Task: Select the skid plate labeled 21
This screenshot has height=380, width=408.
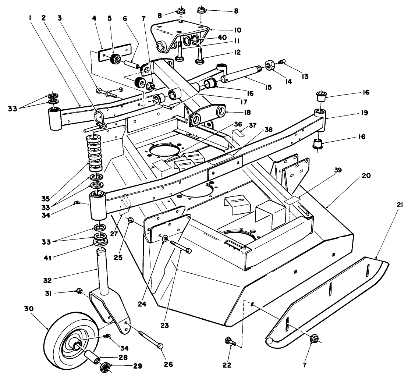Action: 327,302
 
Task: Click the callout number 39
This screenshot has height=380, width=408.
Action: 338,170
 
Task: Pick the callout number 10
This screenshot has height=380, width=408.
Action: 238,30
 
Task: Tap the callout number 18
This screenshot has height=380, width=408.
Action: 247,112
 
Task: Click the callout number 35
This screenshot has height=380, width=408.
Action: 46,199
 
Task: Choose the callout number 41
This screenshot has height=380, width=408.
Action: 47,258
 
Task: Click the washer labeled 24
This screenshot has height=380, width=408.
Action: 165,238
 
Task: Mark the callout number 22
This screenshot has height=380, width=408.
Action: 227,365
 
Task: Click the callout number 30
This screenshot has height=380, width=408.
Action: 29,309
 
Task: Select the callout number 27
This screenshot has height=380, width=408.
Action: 114,234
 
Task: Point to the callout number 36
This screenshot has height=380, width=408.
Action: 238,124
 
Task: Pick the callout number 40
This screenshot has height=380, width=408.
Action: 222,38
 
